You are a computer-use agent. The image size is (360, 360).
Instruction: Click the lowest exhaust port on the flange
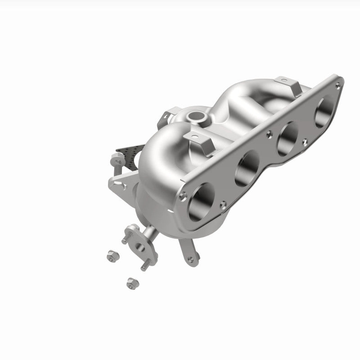click(x=201, y=202)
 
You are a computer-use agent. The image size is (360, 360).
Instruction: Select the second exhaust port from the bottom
click(x=247, y=167)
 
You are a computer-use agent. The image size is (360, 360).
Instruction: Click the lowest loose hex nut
click(x=131, y=283)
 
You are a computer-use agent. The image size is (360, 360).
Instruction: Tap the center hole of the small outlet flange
click(x=140, y=247)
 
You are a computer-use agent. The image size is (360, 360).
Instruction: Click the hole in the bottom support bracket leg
click(x=190, y=259)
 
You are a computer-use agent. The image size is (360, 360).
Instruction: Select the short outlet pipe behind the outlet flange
click(x=151, y=233)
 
